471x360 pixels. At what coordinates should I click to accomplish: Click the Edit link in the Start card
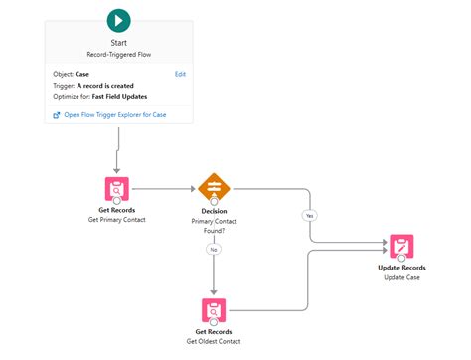(x=180, y=74)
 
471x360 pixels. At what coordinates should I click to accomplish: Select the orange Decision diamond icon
(x=214, y=187)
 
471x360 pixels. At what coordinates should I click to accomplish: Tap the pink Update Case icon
(x=400, y=246)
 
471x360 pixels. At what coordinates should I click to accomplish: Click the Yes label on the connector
(x=309, y=215)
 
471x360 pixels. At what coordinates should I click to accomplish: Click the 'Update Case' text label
(x=400, y=278)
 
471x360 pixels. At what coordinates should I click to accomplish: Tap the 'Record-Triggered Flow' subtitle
(x=118, y=54)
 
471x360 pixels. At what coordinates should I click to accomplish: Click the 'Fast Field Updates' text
(x=126, y=96)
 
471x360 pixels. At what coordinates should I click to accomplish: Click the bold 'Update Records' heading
(x=400, y=269)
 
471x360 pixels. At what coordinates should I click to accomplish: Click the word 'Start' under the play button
(x=118, y=43)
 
